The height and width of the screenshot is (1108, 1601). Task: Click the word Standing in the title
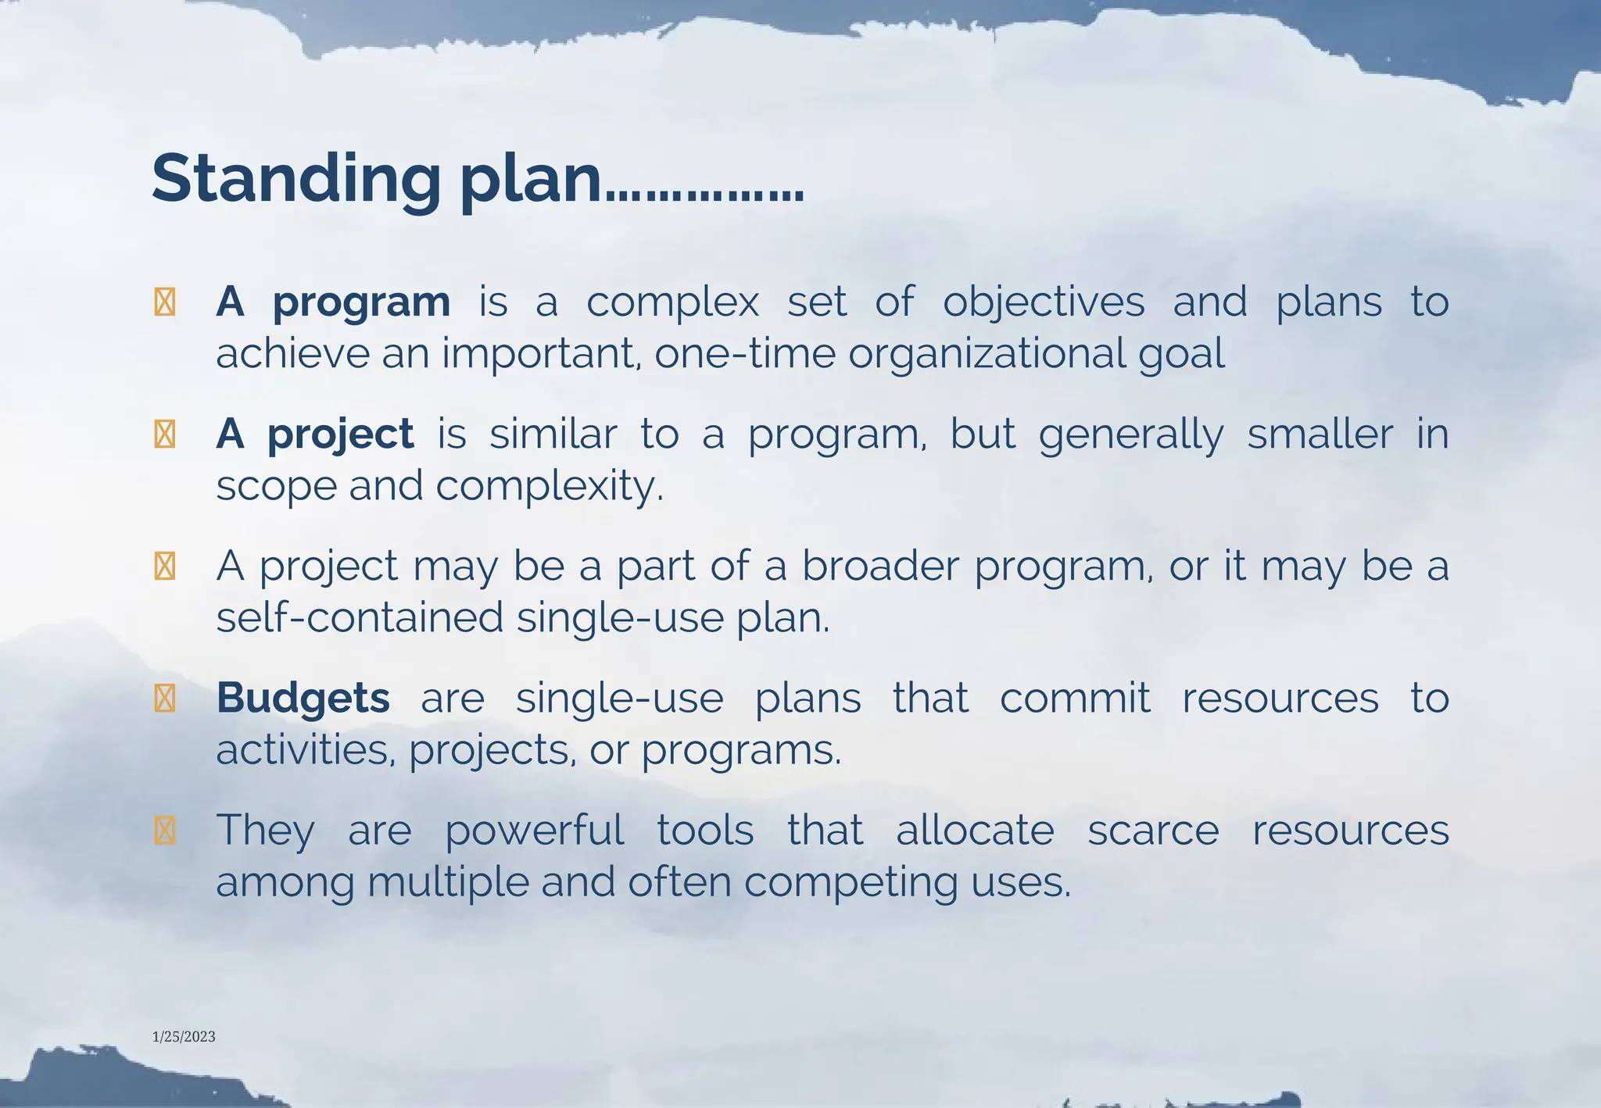[296, 180]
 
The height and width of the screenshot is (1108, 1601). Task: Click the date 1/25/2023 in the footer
[184, 1037]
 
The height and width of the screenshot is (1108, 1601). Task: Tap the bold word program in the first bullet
[361, 302]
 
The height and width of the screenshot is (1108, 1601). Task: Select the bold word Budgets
[303, 698]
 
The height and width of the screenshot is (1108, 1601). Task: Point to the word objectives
[1044, 302]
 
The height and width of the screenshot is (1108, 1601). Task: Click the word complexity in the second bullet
[549, 487]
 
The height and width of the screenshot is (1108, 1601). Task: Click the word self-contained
[360, 618]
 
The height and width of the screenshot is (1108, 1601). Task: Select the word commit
[1075, 698]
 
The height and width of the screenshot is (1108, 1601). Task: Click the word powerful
[534, 830]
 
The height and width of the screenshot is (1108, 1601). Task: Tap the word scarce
[1153, 830]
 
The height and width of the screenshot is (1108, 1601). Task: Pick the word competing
[851, 883]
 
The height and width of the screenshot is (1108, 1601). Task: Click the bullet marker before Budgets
[165, 699]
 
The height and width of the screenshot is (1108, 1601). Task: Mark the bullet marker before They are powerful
[165, 831]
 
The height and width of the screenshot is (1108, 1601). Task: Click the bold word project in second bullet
[340, 434]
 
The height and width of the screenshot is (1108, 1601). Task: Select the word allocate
[975, 830]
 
